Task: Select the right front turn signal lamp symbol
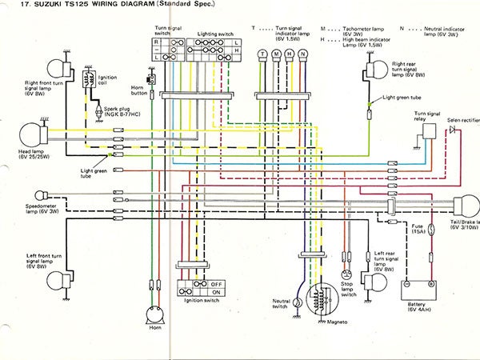[x=58, y=66]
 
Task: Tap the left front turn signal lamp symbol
[x=58, y=276]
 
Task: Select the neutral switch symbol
[x=298, y=302]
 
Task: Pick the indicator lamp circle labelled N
[x=303, y=55]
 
